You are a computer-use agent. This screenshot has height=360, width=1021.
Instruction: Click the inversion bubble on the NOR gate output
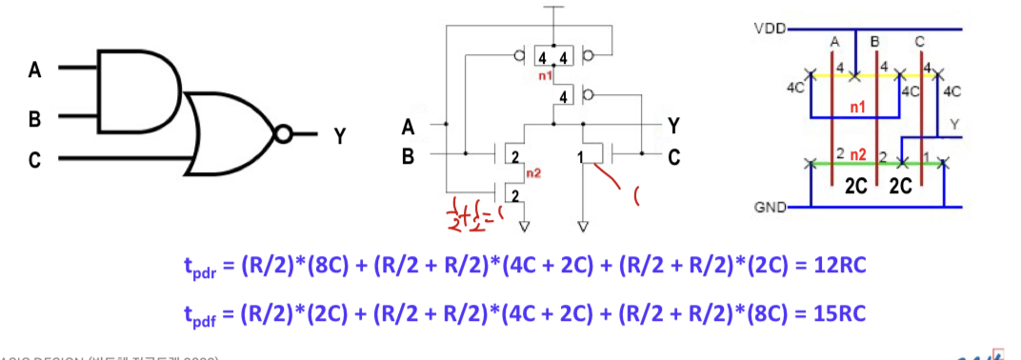point(283,134)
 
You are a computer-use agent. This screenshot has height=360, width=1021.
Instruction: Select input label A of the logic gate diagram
point(35,70)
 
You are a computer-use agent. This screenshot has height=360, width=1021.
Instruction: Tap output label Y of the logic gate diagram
point(338,136)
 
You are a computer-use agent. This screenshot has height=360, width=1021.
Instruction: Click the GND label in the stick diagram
point(768,207)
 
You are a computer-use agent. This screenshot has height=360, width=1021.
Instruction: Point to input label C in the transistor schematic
point(673,156)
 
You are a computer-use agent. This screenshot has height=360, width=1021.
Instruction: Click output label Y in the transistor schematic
point(673,125)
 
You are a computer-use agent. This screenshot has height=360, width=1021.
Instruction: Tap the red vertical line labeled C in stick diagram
point(921,114)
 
